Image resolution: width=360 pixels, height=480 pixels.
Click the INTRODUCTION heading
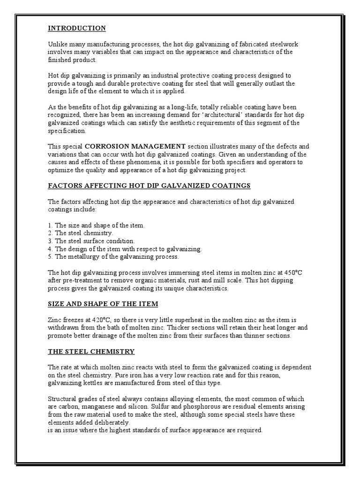pyautogui.click(x=77, y=28)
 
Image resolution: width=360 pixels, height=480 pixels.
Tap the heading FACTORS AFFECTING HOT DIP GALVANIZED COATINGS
pyautogui.click(x=150, y=186)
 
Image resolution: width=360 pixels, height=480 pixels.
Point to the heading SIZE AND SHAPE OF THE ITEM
pyautogui.click(x=103, y=304)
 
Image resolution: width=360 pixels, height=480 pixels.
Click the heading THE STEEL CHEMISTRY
pyautogui.click(x=91, y=351)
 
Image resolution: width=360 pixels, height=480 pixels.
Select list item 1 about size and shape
pyautogui.click(x=97, y=225)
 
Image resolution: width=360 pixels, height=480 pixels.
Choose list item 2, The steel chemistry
pyautogui.click(x=81, y=233)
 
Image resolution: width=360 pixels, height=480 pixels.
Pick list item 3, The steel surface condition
pyautogui.click(x=91, y=241)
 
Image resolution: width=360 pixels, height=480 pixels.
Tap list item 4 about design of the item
pyautogui.click(x=125, y=249)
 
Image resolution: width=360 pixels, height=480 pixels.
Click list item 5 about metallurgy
pyautogui.click(x=113, y=257)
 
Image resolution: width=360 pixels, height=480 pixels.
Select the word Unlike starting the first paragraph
pyautogui.click(x=57, y=44)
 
